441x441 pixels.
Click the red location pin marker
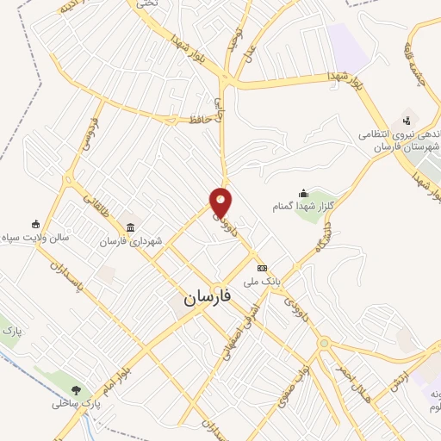pyautogui.click(x=221, y=202)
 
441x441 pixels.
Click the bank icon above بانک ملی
pyautogui.click(x=262, y=267)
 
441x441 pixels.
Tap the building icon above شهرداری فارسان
pyautogui.click(x=129, y=227)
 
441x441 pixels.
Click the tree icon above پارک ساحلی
pyautogui.click(x=77, y=389)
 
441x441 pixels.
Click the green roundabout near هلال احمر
pyautogui.click(x=324, y=343)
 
